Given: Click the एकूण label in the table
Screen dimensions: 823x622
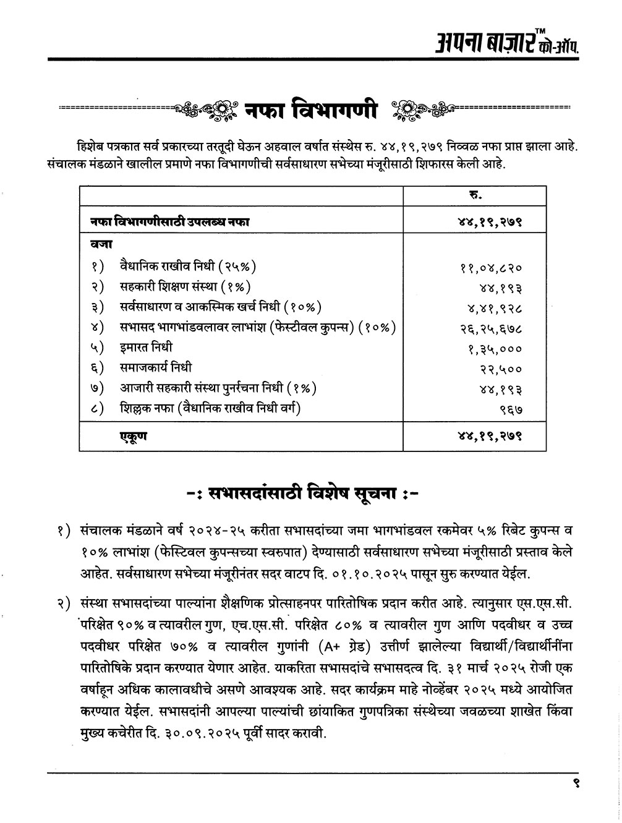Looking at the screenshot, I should coord(133,437).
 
